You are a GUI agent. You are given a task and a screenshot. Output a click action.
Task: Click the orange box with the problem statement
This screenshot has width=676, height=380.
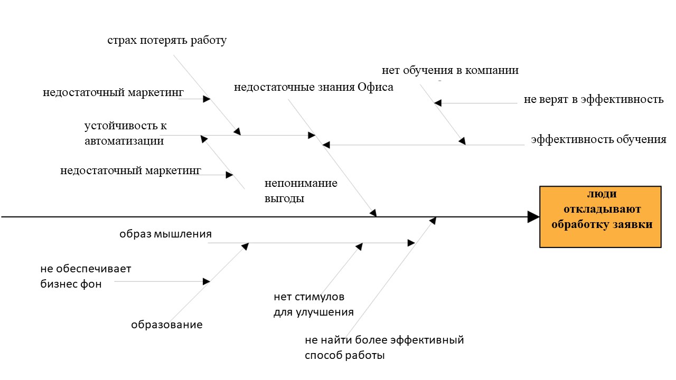[600, 217]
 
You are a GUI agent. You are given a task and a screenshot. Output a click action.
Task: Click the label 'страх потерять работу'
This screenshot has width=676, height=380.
[167, 41]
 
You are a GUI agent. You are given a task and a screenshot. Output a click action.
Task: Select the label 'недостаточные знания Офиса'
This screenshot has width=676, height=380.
[314, 87]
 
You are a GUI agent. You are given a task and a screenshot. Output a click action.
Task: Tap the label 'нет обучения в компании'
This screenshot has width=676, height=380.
[450, 70]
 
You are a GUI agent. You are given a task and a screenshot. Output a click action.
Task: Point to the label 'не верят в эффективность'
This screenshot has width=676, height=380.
[593, 99]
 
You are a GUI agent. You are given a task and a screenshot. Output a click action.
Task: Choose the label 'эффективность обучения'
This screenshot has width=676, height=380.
[599, 139]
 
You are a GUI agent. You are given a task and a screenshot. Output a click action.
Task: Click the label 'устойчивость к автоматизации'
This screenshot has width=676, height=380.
[126, 133]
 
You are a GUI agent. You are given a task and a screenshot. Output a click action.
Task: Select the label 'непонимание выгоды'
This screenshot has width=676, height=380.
[301, 191]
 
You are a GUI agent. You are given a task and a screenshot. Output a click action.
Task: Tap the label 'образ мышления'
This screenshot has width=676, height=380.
[165, 234]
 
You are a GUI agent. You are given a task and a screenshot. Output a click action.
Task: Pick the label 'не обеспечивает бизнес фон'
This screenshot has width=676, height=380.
[86, 276]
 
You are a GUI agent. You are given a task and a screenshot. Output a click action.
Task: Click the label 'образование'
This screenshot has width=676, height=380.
[166, 325]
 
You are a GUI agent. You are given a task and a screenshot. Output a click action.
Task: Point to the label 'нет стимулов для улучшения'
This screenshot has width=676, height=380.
[314, 305]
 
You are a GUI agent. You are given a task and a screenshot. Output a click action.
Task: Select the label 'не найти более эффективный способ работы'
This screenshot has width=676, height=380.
[384, 347]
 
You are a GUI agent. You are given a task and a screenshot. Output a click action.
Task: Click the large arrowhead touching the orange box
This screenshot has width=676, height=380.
[533, 217]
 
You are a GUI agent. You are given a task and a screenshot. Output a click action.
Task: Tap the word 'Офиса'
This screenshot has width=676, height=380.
[375, 87]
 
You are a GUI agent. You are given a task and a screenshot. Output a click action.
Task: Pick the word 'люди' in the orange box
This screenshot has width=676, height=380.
[602, 194]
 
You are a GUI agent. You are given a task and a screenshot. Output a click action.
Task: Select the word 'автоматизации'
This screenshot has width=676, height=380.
[124, 141]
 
